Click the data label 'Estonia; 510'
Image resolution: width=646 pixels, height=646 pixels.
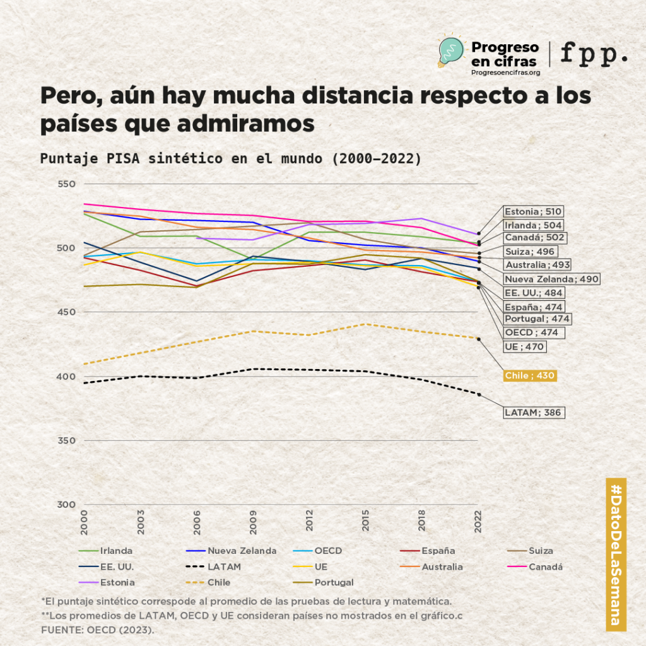coord(533,211)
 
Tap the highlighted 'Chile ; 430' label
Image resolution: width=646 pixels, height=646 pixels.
coord(529,375)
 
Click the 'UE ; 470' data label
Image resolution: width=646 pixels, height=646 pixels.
coord(524,346)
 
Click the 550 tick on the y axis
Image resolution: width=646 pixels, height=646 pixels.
coord(67,184)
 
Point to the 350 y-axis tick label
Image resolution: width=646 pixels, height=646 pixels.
coord(67,440)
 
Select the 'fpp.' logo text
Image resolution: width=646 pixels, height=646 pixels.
coord(594,54)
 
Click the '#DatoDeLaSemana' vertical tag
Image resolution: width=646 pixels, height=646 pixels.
coord(616,554)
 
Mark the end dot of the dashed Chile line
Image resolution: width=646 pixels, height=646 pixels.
coord(479,339)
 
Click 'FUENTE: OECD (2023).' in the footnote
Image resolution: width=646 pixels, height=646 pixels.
coord(97,630)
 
